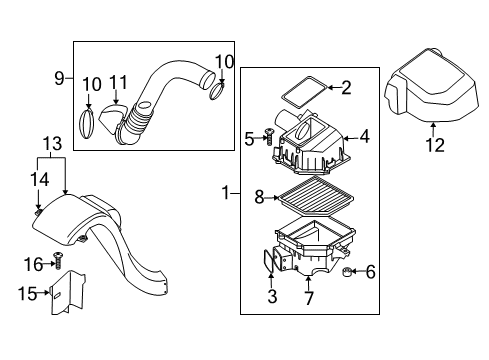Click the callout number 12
click(x=435, y=145)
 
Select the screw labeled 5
click(x=269, y=137)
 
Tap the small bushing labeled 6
click(x=347, y=272)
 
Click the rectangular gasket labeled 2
click(x=304, y=92)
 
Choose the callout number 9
click(x=59, y=79)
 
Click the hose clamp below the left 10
click(x=86, y=123)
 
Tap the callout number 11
click(x=118, y=82)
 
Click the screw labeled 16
click(x=58, y=260)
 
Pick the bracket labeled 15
click(x=68, y=293)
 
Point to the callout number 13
click(x=52, y=144)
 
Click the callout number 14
click(x=40, y=179)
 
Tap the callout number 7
click(x=309, y=298)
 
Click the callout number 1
click(x=226, y=193)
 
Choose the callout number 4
click(x=365, y=137)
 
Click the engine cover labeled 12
click(x=432, y=86)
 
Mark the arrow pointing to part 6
click(x=358, y=272)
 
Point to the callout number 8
click(x=259, y=197)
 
